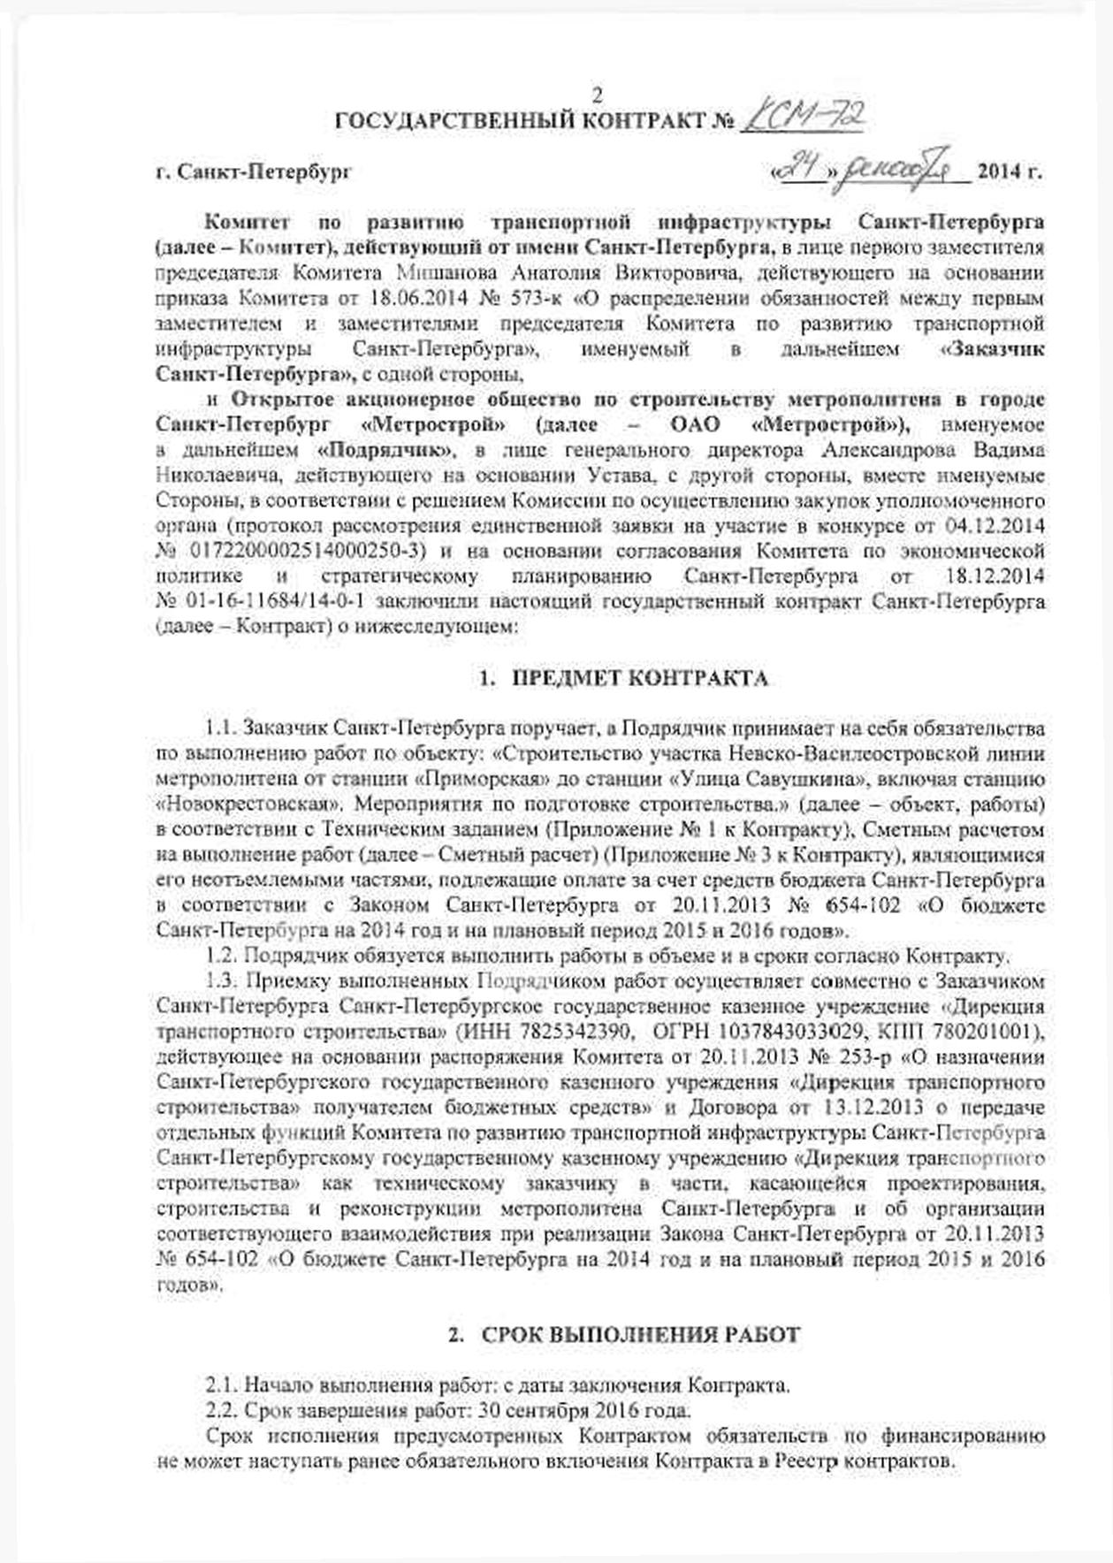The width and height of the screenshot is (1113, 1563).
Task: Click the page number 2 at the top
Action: [596, 95]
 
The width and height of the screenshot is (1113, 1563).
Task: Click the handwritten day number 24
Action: [799, 167]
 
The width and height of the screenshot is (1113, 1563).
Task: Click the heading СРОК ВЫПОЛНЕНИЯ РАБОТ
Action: [641, 1335]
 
